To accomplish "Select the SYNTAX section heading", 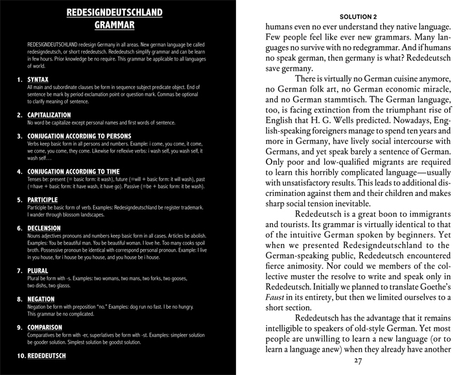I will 40,80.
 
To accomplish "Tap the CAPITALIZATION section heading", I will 49,115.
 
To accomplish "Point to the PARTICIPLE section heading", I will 43,200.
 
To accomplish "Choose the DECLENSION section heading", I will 44,228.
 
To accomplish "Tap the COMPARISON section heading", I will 45,327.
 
